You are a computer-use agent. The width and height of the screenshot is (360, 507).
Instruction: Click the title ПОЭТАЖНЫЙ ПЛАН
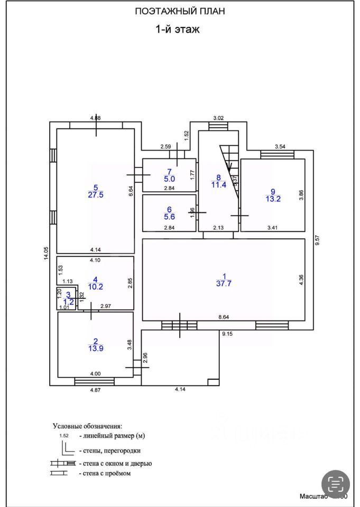pyautogui.click(x=180, y=12)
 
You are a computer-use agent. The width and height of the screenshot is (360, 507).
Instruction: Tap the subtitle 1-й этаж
pyautogui.click(x=177, y=30)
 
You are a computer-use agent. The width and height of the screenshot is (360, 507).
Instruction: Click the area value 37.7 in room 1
pyautogui.click(x=225, y=283)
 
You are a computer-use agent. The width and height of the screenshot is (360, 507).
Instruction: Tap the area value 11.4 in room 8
pyautogui.click(x=217, y=185)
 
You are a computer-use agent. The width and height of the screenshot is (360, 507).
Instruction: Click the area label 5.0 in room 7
pyautogui.click(x=169, y=179)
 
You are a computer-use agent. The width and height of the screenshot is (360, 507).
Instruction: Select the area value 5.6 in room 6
pyautogui.click(x=169, y=217)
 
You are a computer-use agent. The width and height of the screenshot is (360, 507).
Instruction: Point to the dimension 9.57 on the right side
pyautogui.click(x=317, y=241)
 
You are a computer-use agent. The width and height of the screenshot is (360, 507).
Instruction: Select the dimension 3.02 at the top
pyautogui.click(x=219, y=118)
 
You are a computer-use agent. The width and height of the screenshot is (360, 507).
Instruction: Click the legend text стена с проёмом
pyautogui.click(x=105, y=474)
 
